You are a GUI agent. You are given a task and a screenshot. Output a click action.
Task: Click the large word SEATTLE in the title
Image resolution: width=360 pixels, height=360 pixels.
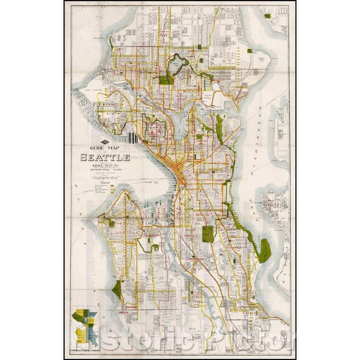[x=105, y=157]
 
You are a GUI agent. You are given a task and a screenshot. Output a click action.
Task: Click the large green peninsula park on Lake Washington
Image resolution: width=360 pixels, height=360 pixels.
[x=264, y=250]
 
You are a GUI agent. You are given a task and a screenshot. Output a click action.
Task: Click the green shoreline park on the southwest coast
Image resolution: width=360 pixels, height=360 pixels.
[x=117, y=289]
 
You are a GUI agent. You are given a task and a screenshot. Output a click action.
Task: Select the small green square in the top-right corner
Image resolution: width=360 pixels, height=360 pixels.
[x=267, y=16]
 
